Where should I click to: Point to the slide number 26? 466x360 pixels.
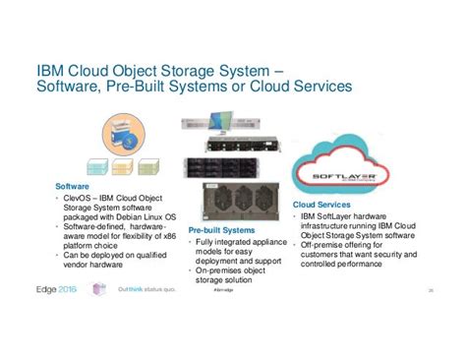coord(431,291)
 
